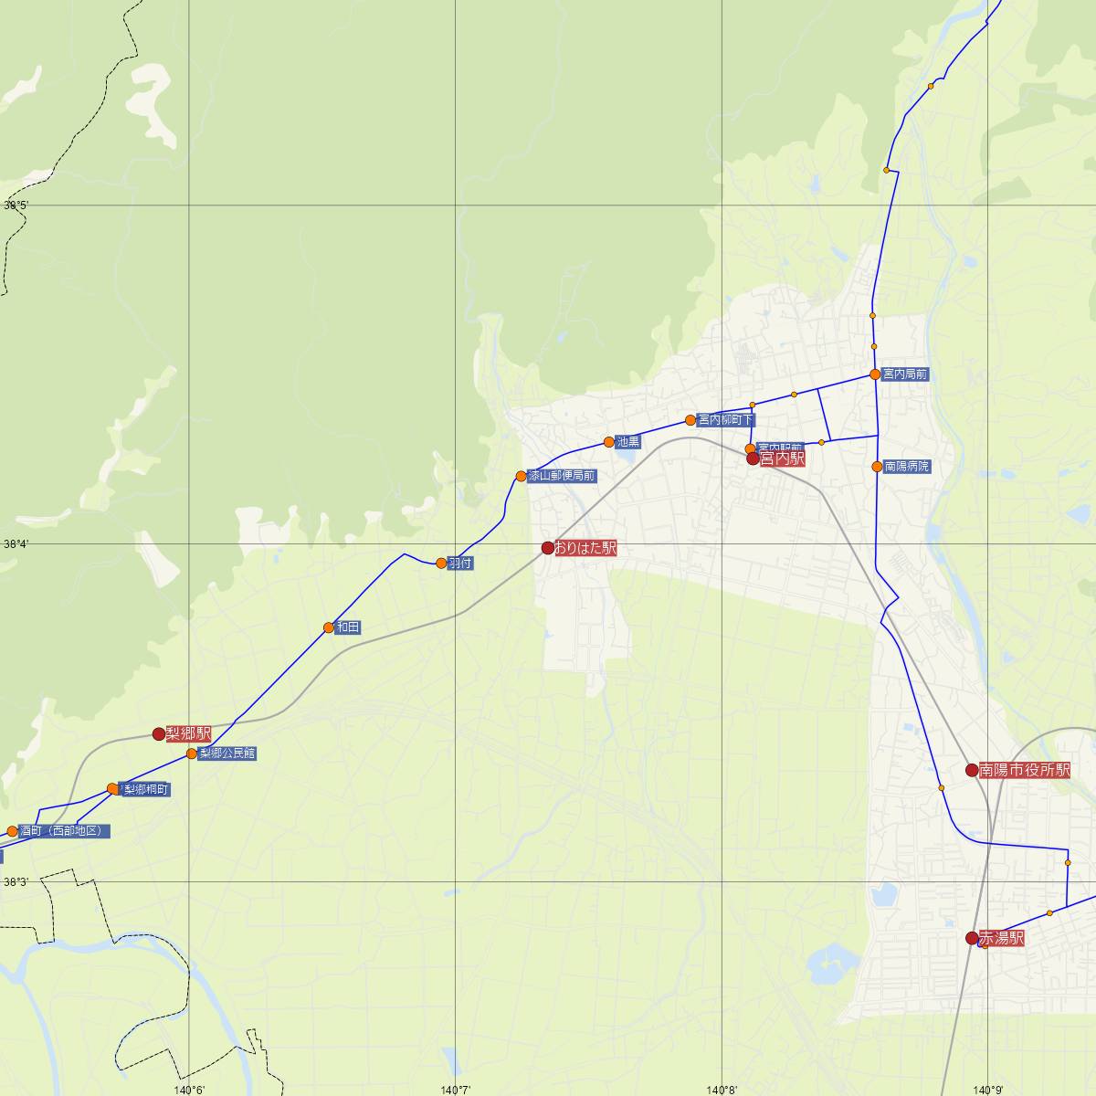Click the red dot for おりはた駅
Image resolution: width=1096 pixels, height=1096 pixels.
(x=548, y=548)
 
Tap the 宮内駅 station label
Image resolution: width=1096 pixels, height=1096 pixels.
(x=782, y=459)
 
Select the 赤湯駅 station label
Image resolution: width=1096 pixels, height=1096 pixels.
(x=1001, y=939)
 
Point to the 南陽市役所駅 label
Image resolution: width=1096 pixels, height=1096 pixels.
(x=1024, y=771)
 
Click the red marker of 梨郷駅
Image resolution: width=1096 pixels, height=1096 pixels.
(x=159, y=733)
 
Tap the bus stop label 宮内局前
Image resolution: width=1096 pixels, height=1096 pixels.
(x=905, y=374)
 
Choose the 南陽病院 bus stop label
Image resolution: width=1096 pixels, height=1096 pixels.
(x=907, y=467)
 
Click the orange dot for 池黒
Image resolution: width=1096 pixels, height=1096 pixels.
(x=609, y=442)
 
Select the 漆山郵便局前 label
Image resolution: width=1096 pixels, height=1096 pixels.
(x=562, y=476)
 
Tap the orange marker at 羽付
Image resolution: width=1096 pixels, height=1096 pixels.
(x=441, y=563)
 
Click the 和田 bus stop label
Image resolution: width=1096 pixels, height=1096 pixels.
(x=348, y=627)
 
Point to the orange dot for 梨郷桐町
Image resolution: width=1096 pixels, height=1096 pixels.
(x=113, y=788)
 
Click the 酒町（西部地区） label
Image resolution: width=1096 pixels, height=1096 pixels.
(x=65, y=831)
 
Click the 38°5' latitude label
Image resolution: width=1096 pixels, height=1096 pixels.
(x=16, y=205)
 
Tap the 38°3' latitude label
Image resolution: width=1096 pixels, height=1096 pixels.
(x=16, y=882)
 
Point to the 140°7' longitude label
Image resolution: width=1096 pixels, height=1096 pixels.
(x=456, y=1089)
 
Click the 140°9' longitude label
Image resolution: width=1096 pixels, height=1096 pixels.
(x=988, y=1089)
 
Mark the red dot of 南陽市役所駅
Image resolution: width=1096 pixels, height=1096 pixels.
(x=972, y=770)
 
